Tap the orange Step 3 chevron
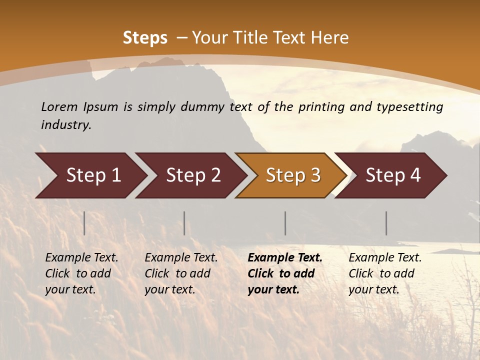[293, 175]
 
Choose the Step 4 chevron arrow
[393, 175]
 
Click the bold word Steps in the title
[145, 38]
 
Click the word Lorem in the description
[59, 106]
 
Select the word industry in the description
[65, 124]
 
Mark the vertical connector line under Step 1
[84, 223]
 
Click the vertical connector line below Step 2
[184, 223]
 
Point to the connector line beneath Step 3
[285, 223]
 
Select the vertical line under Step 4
[386, 223]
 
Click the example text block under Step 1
[81, 273]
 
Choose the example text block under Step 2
[181, 273]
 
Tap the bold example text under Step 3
[285, 273]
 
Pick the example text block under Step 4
[385, 273]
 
